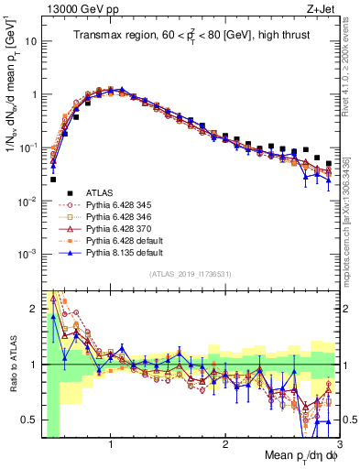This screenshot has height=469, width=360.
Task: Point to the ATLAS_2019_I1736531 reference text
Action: click(x=191, y=273)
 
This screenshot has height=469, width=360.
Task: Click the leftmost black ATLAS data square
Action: click(x=53, y=180)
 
